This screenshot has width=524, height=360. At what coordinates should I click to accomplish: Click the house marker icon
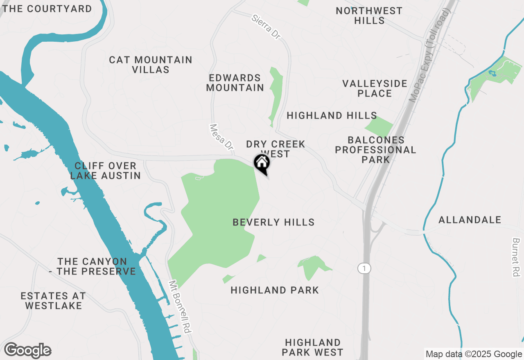tap(262, 164)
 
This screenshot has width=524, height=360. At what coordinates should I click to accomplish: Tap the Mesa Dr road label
tap(221, 137)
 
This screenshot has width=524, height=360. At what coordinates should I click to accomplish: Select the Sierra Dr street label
tap(267, 27)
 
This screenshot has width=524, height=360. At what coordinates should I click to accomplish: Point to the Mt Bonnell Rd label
tap(180, 307)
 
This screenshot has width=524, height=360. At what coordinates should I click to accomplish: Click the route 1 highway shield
tap(364, 268)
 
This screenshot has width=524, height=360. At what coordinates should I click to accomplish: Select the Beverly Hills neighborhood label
tap(273, 223)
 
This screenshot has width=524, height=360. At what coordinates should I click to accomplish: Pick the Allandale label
tap(470, 220)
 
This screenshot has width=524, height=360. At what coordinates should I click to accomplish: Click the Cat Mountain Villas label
tap(151, 65)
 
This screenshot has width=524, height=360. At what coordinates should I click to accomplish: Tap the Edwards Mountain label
tap(235, 83)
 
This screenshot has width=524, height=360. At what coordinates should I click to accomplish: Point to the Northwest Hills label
tap(369, 16)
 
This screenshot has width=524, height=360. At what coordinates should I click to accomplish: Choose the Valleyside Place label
tap(375, 88)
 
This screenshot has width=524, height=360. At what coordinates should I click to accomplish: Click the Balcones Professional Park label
tap(375, 150)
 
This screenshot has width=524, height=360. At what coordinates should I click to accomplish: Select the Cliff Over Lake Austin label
tap(106, 171)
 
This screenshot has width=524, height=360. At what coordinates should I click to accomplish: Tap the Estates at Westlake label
tap(53, 301)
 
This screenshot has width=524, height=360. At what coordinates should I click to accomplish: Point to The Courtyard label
tap(47, 9)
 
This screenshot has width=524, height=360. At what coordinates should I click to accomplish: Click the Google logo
tap(27, 351)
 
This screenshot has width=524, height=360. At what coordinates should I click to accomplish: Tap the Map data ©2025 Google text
tap(474, 354)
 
